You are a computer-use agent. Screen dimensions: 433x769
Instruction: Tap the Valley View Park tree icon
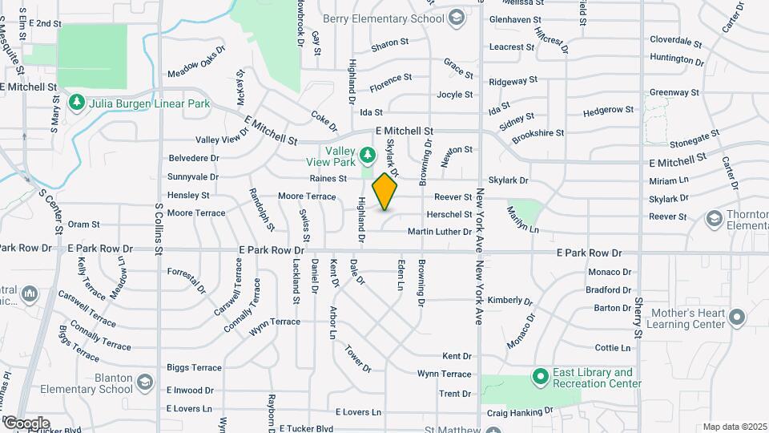[368, 153]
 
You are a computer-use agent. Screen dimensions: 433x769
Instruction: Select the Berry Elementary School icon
[456, 18]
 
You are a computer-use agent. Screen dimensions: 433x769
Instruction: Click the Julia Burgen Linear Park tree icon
[77, 103]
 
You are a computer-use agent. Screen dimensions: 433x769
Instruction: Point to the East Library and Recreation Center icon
[541, 376]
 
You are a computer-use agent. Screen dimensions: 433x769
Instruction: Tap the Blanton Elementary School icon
[144, 382]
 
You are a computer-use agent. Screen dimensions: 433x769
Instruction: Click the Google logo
[26, 423]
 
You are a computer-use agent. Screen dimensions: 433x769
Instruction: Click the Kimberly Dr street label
[510, 300]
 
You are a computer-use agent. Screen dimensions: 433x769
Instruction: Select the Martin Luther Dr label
[440, 232]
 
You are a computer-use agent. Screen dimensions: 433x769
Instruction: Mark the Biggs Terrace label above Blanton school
[194, 367]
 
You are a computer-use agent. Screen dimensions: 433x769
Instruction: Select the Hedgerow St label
[609, 110]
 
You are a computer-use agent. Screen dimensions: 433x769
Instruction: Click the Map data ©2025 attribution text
[734, 427]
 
